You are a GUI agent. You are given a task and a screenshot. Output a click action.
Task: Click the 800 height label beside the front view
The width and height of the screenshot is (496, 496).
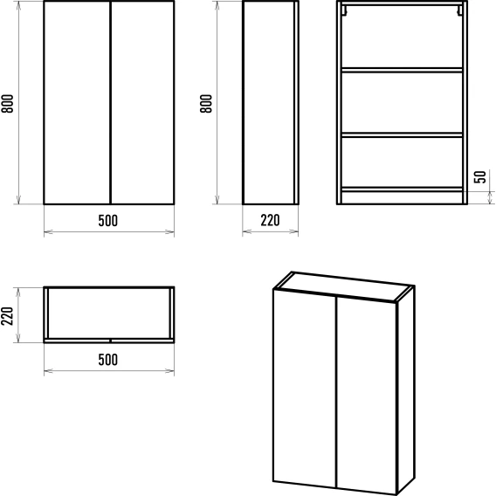point(7,103)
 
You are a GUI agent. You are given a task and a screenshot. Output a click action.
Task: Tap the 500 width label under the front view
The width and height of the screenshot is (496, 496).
point(108,220)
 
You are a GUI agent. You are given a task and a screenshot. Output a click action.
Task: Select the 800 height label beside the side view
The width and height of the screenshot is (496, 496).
point(206,103)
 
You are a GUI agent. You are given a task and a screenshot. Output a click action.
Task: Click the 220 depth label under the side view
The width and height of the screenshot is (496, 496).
point(270,220)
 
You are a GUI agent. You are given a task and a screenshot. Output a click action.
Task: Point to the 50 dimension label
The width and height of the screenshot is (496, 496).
point(480,176)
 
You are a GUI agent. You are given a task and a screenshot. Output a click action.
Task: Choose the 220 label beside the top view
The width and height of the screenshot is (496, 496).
point(7,316)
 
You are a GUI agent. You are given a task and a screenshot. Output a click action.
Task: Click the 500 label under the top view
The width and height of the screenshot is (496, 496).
point(108,360)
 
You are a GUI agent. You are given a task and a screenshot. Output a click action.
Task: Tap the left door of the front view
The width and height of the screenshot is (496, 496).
point(77,102)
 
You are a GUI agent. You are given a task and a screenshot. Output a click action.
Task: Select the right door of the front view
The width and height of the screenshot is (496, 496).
point(142,102)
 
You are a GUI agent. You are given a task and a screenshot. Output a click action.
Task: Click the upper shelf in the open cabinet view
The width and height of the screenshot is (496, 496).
point(402,70)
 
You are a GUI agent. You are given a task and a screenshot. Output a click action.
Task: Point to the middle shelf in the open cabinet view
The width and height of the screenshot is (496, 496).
point(402,134)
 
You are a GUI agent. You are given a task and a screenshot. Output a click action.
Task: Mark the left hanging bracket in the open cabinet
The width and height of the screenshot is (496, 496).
point(344,10)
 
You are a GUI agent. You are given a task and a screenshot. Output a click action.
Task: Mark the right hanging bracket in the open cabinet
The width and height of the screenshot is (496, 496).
point(459,10)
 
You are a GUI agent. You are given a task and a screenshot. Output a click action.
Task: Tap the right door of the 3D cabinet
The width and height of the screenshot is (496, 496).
point(367,396)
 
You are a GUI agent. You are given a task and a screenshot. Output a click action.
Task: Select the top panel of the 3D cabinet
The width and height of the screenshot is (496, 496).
point(344,286)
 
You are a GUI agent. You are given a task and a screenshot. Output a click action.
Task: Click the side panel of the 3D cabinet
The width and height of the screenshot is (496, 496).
point(405,389)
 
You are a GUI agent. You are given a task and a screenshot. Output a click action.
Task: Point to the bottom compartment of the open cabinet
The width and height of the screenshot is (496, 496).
point(402,162)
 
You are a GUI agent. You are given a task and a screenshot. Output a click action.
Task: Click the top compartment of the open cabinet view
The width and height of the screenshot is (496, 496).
point(402,37)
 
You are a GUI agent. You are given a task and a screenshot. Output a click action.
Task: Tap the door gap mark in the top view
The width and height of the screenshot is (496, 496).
point(110,341)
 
